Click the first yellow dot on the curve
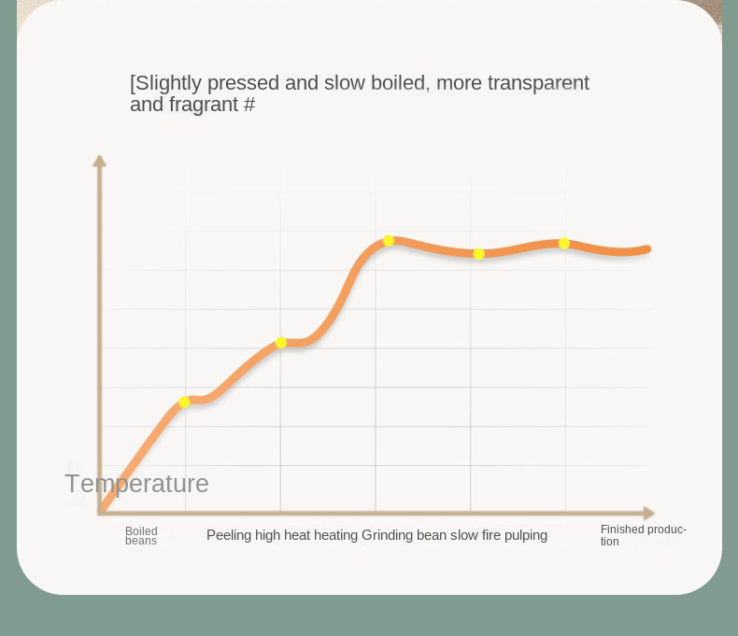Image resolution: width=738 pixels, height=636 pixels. pyautogui.click(x=184, y=402)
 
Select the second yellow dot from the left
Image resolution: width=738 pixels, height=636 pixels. pyautogui.click(x=281, y=343)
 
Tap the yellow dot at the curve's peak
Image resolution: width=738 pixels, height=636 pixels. pyautogui.click(x=389, y=241)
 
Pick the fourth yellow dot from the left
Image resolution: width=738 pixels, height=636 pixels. pyautogui.click(x=479, y=254)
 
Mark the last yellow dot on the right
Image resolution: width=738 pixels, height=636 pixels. pyautogui.click(x=564, y=244)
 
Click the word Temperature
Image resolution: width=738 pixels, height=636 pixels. pyautogui.click(x=136, y=484)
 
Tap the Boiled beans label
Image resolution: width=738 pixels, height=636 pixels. pyautogui.click(x=141, y=536)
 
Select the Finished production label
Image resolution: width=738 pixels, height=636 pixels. pyautogui.click(x=643, y=535)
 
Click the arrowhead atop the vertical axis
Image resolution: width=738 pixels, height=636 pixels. pyautogui.click(x=99, y=161)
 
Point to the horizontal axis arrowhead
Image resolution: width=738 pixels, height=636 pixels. pyautogui.click(x=649, y=513)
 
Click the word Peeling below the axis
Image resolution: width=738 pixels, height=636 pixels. pyautogui.click(x=228, y=535)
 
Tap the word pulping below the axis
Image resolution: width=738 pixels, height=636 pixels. pyautogui.click(x=524, y=535)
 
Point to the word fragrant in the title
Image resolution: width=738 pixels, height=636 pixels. pyautogui.click(x=204, y=105)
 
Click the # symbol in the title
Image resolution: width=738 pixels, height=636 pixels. pyautogui.click(x=249, y=105)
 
